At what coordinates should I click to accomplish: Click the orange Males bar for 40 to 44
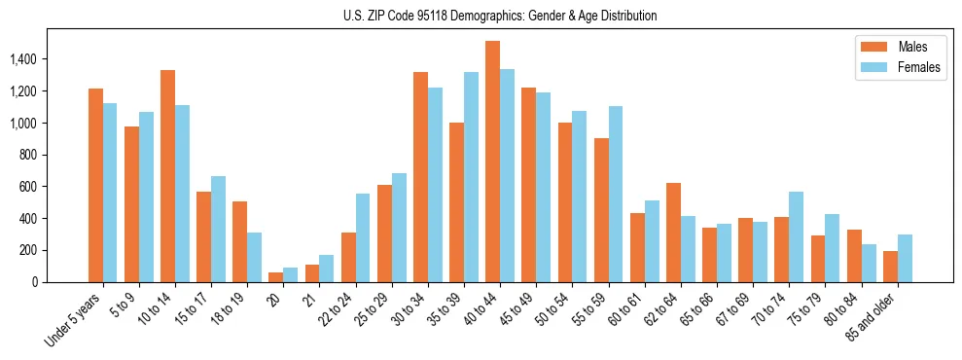tap(493, 162)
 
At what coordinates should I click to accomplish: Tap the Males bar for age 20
tap(276, 277)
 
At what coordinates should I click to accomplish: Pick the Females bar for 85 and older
tap(905, 258)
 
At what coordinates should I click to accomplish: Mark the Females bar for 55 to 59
tap(616, 194)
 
